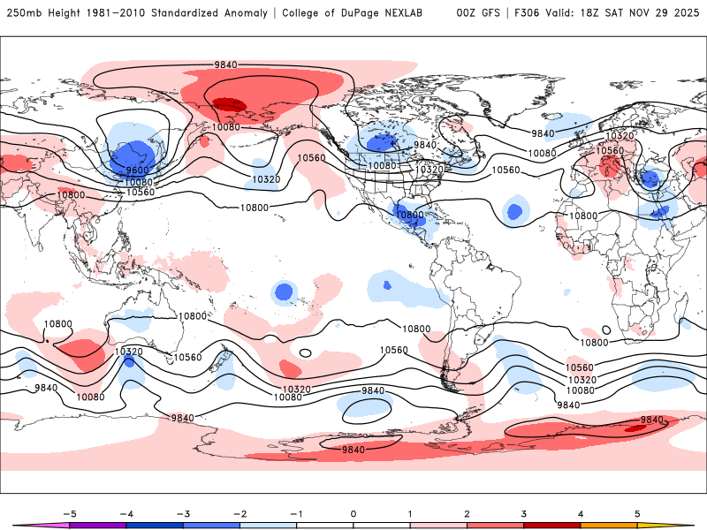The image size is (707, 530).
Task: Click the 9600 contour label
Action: tap(137, 170)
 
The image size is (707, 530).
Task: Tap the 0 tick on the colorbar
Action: tap(353, 512)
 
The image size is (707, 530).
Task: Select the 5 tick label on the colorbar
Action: tap(637, 512)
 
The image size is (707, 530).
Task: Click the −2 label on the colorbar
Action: tap(239, 512)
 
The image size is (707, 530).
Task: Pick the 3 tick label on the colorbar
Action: tap(524, 512)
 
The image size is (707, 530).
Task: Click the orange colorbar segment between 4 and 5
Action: tap(609, 525)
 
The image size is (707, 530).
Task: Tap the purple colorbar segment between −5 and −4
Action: tap(98, 525)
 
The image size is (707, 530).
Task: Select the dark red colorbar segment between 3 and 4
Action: tap(552, 525)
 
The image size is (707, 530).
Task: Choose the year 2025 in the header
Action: tap(685, 13)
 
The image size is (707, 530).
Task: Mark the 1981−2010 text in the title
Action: tap(117, 13)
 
